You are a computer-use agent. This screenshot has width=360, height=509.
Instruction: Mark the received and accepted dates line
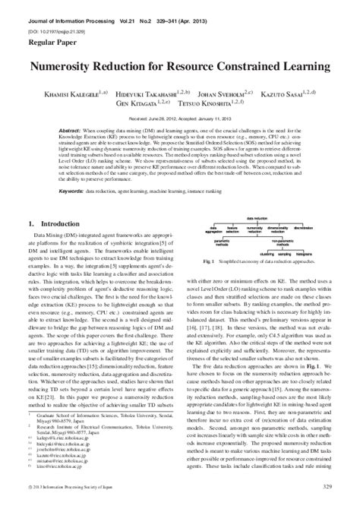[x=179, y=119]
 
